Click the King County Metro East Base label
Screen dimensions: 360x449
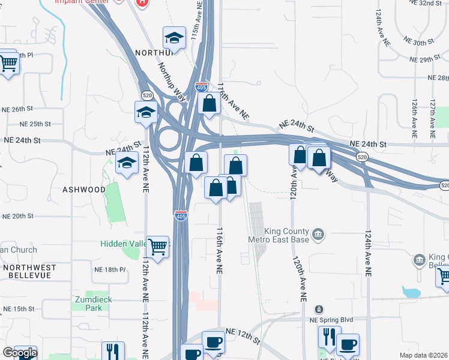279,235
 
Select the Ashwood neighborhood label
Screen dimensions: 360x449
84,190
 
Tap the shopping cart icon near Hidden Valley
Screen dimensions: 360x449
157,245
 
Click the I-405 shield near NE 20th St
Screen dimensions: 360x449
181,215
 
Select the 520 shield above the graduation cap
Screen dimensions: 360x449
147,95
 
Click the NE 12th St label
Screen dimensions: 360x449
243,336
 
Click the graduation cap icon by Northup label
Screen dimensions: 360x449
174,38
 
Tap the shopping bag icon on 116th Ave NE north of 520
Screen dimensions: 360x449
209,103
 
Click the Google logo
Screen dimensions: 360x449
20,353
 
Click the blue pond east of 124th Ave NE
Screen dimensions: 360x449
412,293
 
